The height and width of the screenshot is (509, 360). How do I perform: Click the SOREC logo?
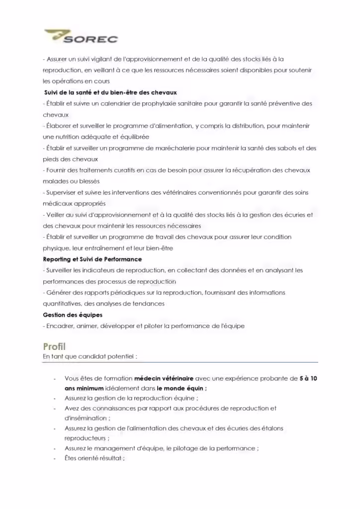(x=81, y=37)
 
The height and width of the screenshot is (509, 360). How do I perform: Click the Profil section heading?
(x=54, y=346)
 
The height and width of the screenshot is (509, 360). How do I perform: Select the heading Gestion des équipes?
(x=73, y=315)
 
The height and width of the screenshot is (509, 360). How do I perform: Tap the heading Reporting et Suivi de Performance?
(x=92, y=259)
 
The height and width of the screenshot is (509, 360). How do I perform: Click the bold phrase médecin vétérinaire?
(x=164, y=379)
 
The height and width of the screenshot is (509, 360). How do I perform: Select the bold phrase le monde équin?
(x=181, y=389)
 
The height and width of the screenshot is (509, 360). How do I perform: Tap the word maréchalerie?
(x=184, y=148)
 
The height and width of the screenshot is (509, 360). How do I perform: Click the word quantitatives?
(x=62, y=304)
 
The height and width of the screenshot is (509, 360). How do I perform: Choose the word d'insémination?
(x=86, y=419)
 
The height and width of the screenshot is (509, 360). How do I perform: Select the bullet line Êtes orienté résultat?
(x=94, y=458)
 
